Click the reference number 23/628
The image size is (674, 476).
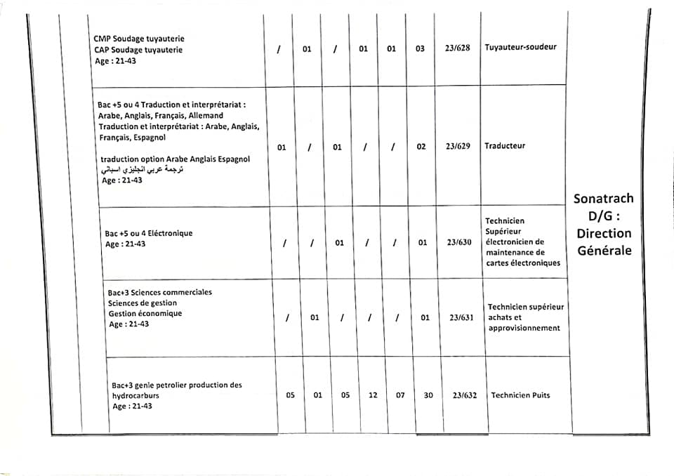click(x=457, y=48)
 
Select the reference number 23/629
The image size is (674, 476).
click(x=457, y=147)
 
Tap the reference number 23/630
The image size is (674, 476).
click(x=460, y=243)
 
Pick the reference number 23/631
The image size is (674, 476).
click(x=462, y=317)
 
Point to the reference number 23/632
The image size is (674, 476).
click(x=465, y=395)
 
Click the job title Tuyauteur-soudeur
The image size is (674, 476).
click(x=520, y=47)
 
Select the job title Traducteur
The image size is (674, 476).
click(x=505, y=146)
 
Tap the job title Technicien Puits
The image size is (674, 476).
click(x=520, y=395)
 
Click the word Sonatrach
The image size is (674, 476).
click(x=603, y=199)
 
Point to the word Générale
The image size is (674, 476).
click(x=604, y=251)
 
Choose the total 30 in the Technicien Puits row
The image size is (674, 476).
click(x=428, y=395)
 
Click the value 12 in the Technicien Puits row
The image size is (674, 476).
click(x=373, y=395)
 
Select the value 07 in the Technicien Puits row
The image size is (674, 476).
click(x=400, y=395)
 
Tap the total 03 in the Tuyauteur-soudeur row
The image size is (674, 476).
click(x=420, y=49)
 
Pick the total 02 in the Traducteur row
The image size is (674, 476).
click(x=421, y=147)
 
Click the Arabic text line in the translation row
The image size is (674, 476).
click(x=140, y=170)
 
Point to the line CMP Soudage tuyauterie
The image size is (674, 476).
click(x=139, y=39)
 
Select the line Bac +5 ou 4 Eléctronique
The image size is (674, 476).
click(x=148, y=233)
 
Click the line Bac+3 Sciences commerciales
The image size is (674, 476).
click(x=160, y=292)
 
